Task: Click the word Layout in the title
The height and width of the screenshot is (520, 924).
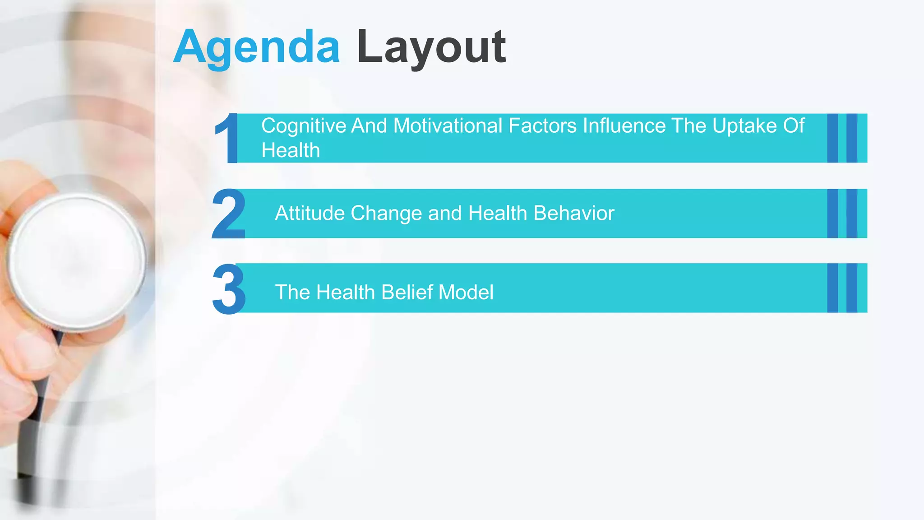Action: click(x=431, y=47)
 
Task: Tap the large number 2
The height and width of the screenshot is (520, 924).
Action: click(x=229, y=214)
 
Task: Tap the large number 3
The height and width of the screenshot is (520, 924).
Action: click(x=229, y=289)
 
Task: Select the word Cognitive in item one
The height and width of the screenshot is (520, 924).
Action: click(x=303, y=126)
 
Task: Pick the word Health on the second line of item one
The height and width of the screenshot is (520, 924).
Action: click(x=291, y=150)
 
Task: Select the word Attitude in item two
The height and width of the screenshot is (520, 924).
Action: click(x=310, y=213)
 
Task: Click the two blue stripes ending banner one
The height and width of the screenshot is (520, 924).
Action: click(x=842, y=138)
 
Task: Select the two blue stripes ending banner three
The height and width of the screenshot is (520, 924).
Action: click(x=842, y=288)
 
